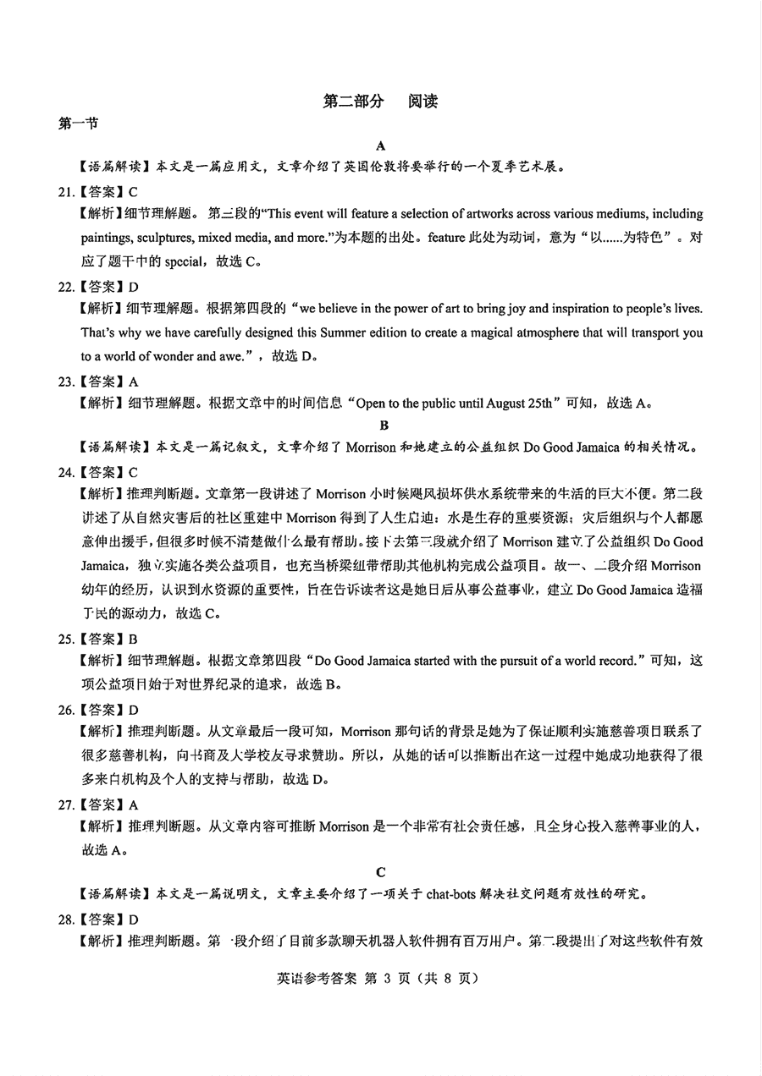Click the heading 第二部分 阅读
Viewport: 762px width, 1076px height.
(x=381, y=102)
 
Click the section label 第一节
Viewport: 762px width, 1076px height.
(x=77, y=124)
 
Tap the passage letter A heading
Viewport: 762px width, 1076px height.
(x=382, y=145)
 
